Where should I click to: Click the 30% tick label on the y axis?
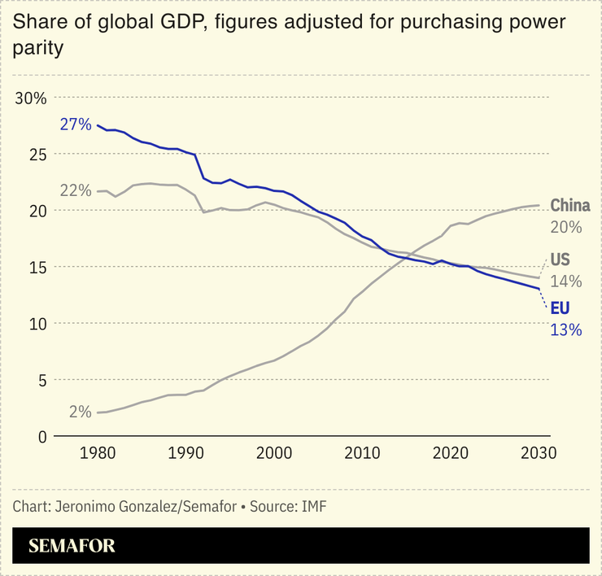[31, 98]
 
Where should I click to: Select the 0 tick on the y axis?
[42, 437]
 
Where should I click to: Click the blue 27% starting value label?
[76, 125]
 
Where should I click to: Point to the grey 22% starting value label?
[76, 190]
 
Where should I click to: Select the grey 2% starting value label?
[80, 412]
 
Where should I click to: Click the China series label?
[570, 206]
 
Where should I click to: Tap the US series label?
[560, 260]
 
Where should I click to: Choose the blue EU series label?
[560, 309]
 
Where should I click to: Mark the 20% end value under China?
[566, 228]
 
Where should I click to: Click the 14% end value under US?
[566, 281]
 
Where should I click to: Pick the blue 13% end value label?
[566, 330]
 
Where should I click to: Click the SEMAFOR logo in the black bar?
[72, 546]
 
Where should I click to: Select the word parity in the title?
[38, 50]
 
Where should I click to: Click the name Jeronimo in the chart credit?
[83, 507]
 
